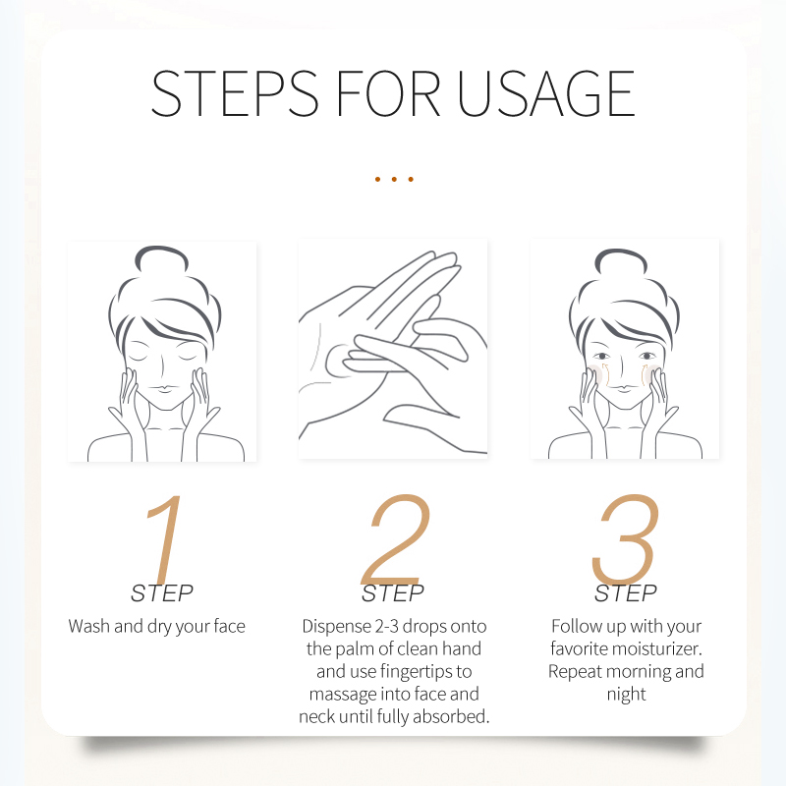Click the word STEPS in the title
tap(235, 93)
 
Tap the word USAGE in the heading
tap(546, 93)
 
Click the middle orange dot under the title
tap(394, 179)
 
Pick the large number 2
tap(396, 539)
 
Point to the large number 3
tap(625, 539)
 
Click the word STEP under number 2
tap(393, 593)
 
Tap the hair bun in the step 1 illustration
tap(161, 258)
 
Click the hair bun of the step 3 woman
tap(621, 261)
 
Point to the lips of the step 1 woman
tap(162, 388)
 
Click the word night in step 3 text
tap(626, 695)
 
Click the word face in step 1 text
tap(230, 626)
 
